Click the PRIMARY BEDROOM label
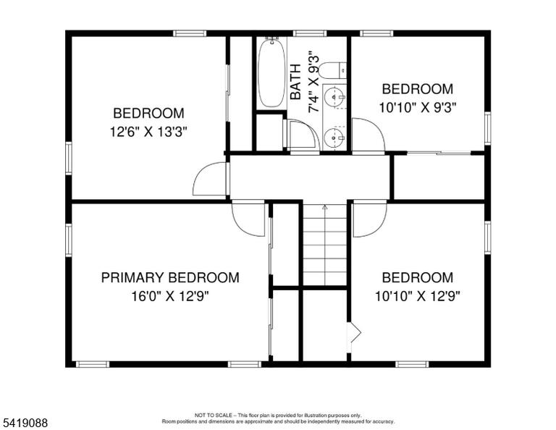(x=170, y=277)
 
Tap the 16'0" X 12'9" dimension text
(x=170, y=296)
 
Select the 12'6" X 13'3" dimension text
(x=148, y=132)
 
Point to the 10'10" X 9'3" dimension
(x=418, y=107)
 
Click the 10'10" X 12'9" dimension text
(x=418, y=296)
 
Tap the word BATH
(x=295, y=82)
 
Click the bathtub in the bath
(x=271, y=72)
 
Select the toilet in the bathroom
(x=332, y=70)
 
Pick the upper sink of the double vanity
(x=334, y=96)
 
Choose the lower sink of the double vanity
(x=334, y=136)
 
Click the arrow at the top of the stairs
(x=325, y=208)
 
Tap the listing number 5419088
(x=25, y=423)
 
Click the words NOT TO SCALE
(x=213, y=415)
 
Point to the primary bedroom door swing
(x=248, y=219)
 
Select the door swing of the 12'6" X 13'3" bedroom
(x=210, y=179)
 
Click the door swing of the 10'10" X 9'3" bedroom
(x=368, y=136)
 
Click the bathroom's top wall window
(x=310, y=33)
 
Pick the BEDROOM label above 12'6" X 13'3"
(x=148, y=114)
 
